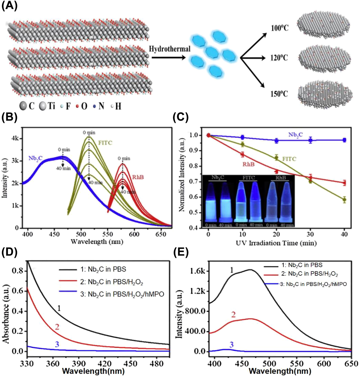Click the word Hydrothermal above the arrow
169,49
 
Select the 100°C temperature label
280,28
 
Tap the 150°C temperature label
279,94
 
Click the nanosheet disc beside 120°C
324,58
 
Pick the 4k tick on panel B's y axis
15,138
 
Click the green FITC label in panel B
105,143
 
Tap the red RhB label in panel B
138,177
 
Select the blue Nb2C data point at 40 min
344,140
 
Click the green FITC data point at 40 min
344,200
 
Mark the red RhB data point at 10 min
242,155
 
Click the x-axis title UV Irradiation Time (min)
276,243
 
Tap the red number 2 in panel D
57,326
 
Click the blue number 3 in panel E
231,345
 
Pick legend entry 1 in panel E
302,265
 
